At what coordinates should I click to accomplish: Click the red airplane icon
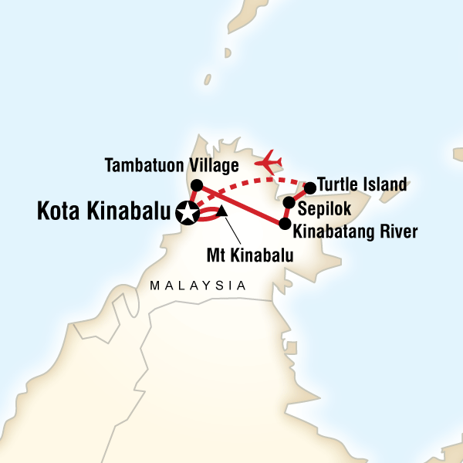(x=271, y=161)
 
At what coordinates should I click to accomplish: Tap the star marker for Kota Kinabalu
(x=186, y=212)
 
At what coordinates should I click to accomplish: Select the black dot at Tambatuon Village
(x=197, y=185)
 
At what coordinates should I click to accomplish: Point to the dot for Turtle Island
(x=310, y=188)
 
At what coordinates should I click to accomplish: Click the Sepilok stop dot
(x=289, y=203)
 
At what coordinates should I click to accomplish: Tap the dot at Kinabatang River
(x=285, y=225)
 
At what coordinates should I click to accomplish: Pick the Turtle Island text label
(x=363, y=186)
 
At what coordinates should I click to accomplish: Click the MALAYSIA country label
(x=198, y=286)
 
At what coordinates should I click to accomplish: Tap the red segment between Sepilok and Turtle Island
(x=299, y=194)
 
